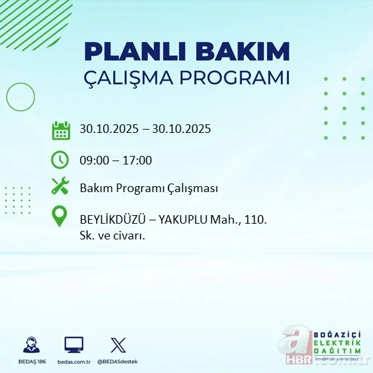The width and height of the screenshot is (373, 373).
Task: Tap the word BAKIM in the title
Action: coord(249,53)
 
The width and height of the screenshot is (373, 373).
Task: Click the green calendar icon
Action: coord(61,130)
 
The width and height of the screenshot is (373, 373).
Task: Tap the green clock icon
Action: coord(61,160)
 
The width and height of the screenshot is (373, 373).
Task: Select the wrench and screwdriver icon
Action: coord(61,187)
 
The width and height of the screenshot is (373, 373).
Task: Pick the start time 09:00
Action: coord(95,160)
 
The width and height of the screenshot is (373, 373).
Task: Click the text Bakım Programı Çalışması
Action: coord(149,188)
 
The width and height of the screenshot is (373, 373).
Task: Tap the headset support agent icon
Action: coord(30,345)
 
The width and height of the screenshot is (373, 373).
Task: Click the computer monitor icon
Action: coord(74,345)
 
